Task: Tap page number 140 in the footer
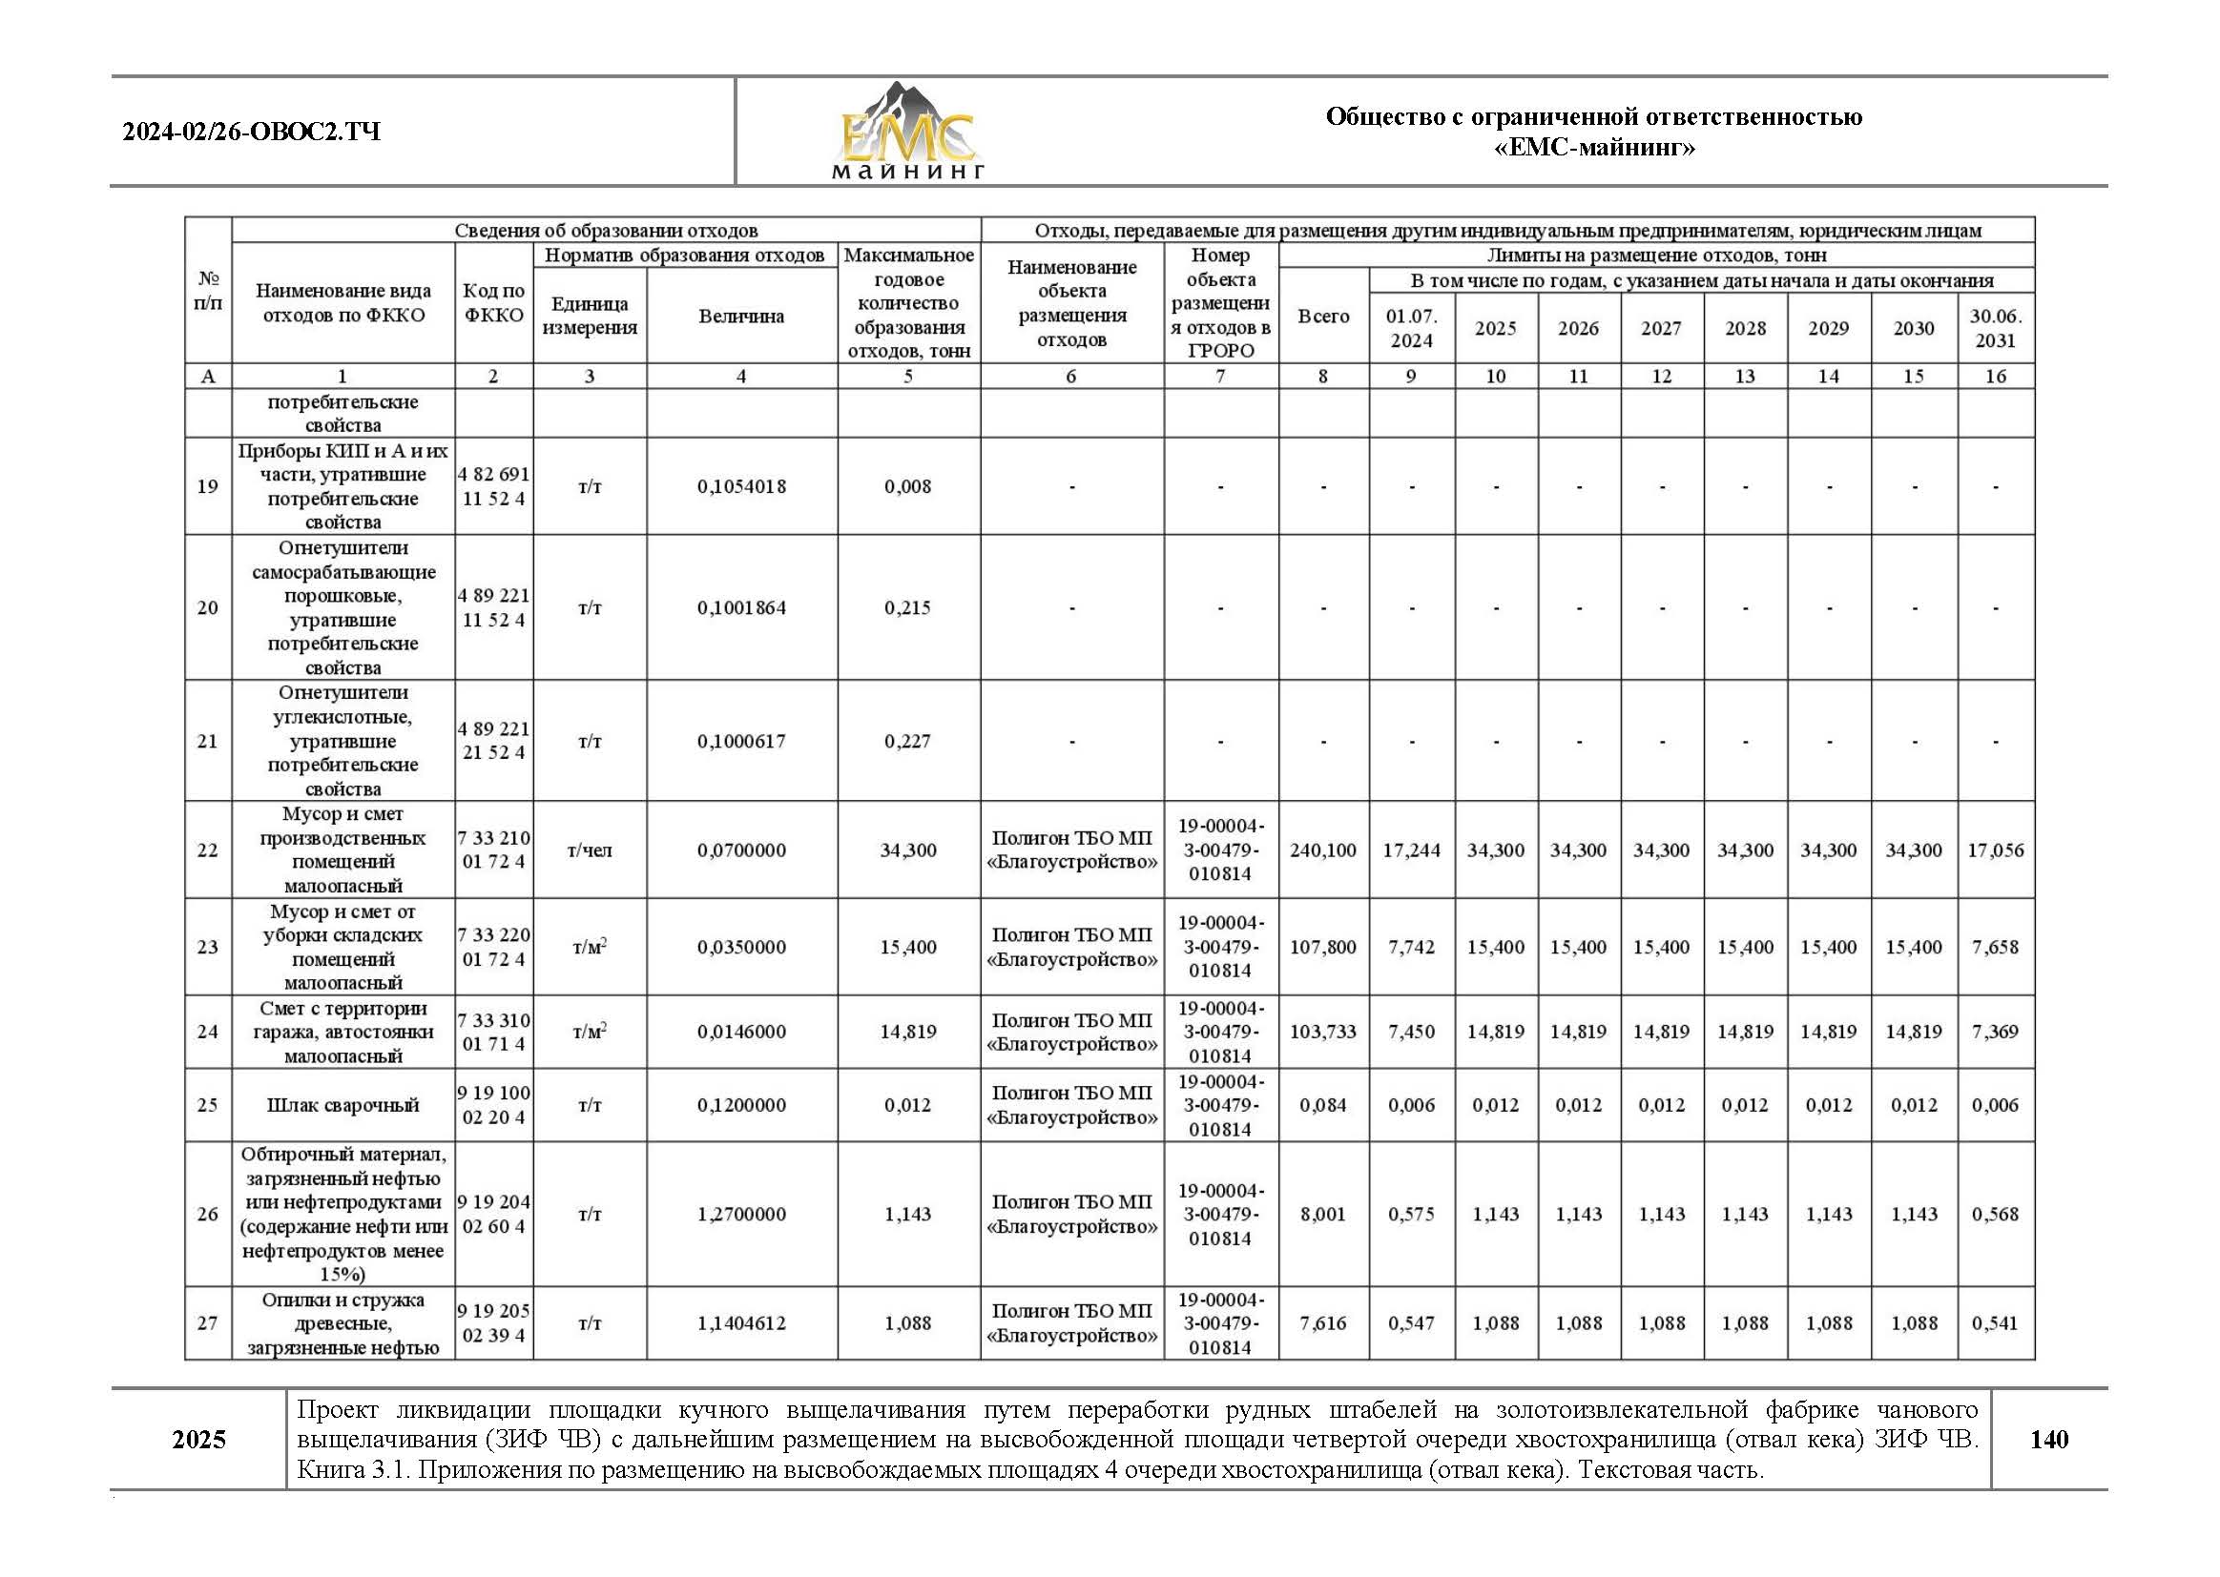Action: [x=2049, y=1439]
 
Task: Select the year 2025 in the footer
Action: [x=199, y=1439]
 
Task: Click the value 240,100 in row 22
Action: [x=1322, y=850]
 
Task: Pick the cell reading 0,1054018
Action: [x=741, y=486]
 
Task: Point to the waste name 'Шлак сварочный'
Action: [x=342, y=1105]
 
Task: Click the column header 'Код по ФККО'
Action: [x=493, y=303]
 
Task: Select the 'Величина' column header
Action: [x=741, y=317]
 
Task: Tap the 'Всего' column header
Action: [x=1323, y=317]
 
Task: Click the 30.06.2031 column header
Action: [x=1996, y=328]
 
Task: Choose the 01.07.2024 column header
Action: [x=1412, y=328]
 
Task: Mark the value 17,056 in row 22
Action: [x=1996, y=850]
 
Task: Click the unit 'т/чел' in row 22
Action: [x=590, y=850]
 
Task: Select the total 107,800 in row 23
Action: [x=1322, y=947]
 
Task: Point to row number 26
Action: [x=208, y=1214]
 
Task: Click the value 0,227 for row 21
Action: [x=907, y=741]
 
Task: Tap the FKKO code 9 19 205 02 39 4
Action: [x=493, y=1322]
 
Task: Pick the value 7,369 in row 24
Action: [x=1996, y=1032]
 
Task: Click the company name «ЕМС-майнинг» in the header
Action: [x=1593, y=148]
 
